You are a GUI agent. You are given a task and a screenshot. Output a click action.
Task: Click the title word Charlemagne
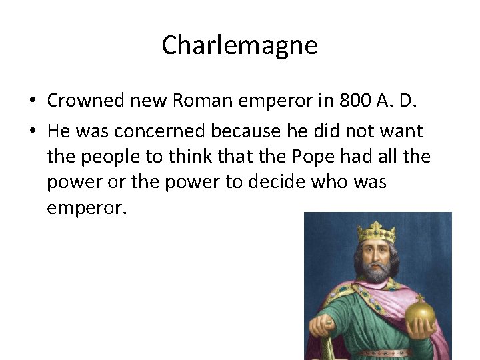tap(239, 46)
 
